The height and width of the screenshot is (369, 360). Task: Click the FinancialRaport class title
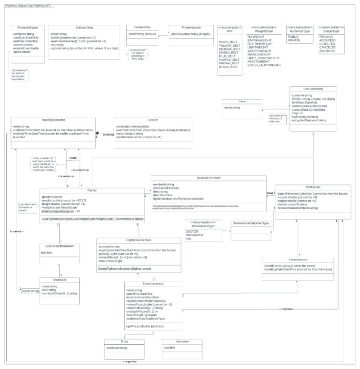coord(28,27)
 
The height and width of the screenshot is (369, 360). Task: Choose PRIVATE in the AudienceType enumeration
coord(294,40)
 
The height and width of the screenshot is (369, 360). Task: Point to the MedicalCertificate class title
coord(208,178)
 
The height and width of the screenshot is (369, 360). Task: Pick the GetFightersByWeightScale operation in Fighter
coord(93,219)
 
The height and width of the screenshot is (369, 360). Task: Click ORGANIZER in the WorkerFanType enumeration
coord(194,235)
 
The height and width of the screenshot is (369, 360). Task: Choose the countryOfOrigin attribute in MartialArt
coord(59,293)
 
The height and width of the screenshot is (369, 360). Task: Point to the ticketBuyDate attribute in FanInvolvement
coord(298,269)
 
